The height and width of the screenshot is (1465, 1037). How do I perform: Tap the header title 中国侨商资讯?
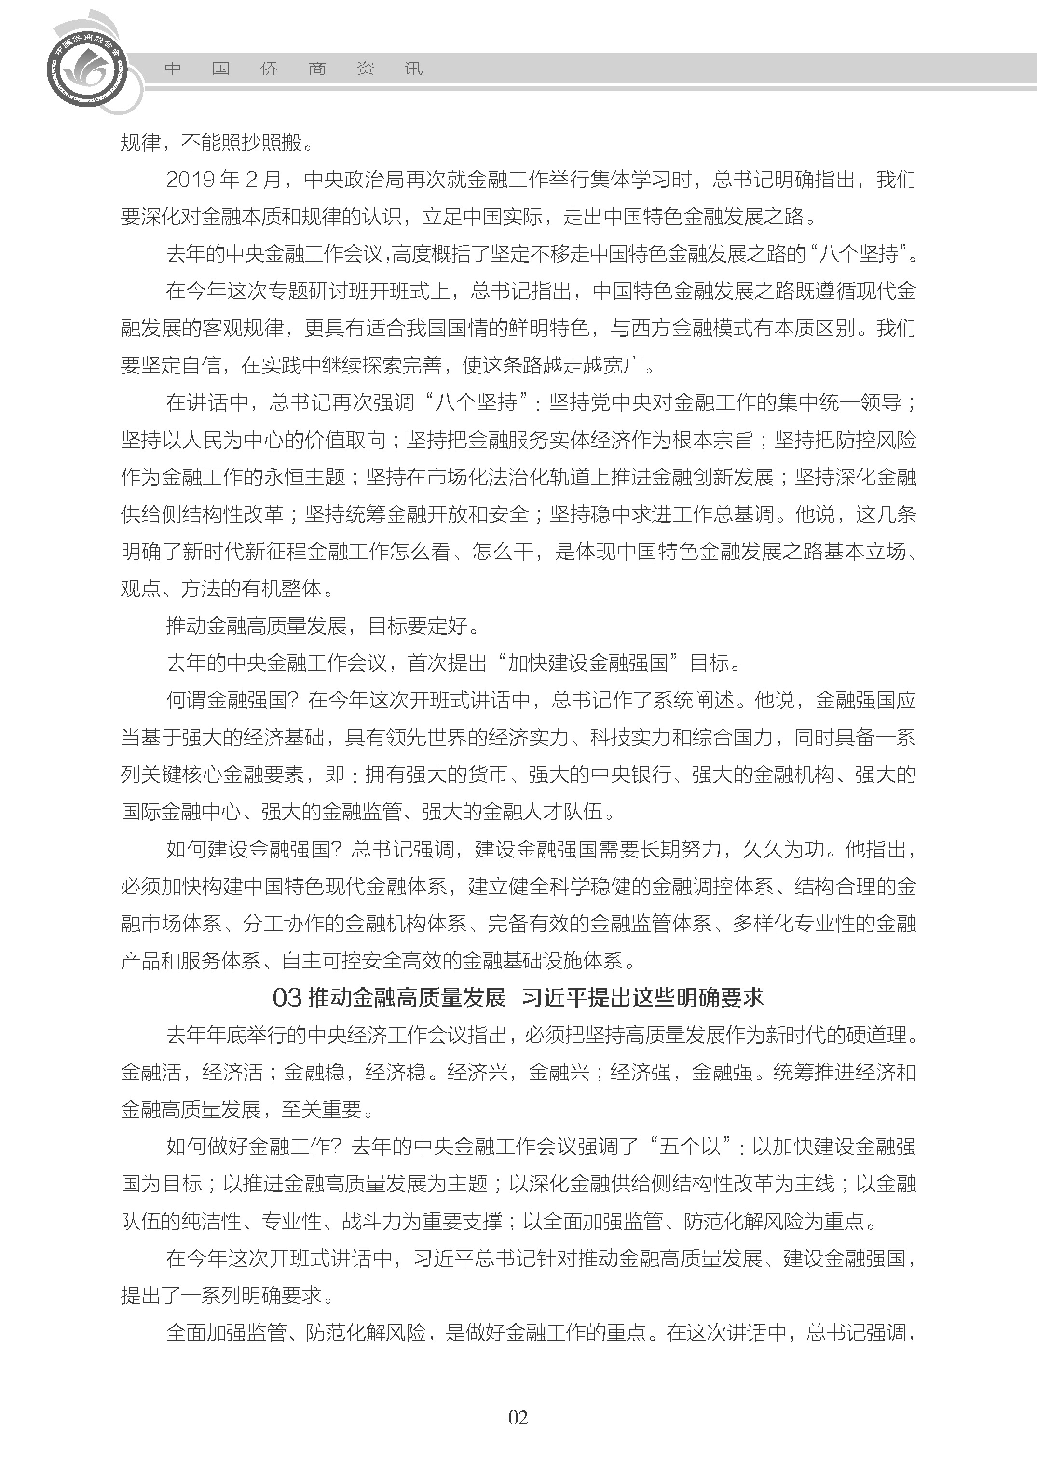point(293,69)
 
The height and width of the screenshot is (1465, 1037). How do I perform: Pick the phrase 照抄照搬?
point(261,142)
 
